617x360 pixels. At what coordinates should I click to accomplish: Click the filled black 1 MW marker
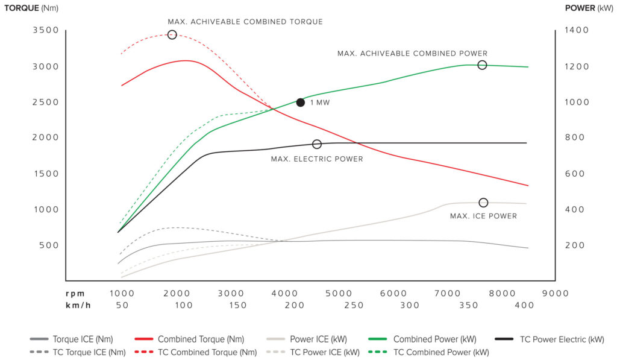tap(301, 103)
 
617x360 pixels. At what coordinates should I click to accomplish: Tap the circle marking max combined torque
tap(172, 35)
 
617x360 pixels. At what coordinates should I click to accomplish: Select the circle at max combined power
tap(482, 65)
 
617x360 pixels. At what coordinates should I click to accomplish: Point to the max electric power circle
tap(317, 144)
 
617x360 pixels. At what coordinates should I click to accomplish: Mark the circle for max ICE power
tap(483, 203)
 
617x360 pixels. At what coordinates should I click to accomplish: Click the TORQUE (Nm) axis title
tap(30, 8)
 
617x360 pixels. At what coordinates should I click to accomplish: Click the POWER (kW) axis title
tap(589, 8)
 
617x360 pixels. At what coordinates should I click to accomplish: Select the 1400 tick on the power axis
tap(577, 30)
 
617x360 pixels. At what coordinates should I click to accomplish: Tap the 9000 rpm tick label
tap(555, 293)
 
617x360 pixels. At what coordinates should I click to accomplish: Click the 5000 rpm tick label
tap(338, 293)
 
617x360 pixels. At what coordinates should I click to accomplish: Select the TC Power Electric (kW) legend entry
tap(552, 339)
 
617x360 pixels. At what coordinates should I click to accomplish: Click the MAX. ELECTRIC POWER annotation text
tap(317, 159)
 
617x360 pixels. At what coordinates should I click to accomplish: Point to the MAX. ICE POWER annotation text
tap(483, 216)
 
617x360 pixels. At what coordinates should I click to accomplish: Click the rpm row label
tap(76, 293)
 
